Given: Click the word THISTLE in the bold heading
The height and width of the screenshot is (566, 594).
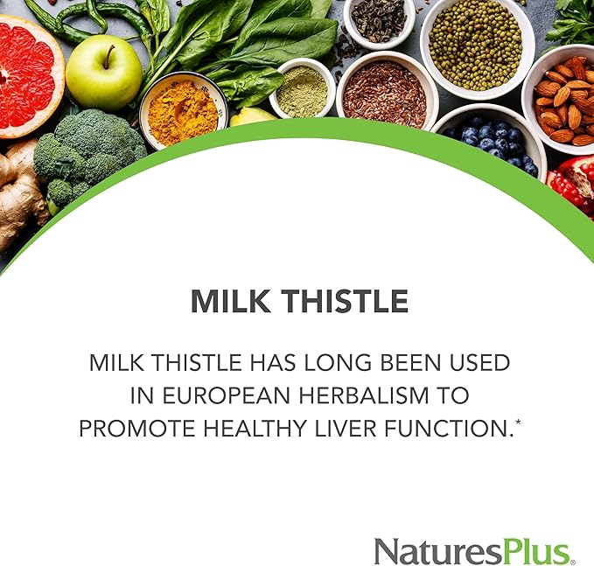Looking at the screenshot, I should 347,302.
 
